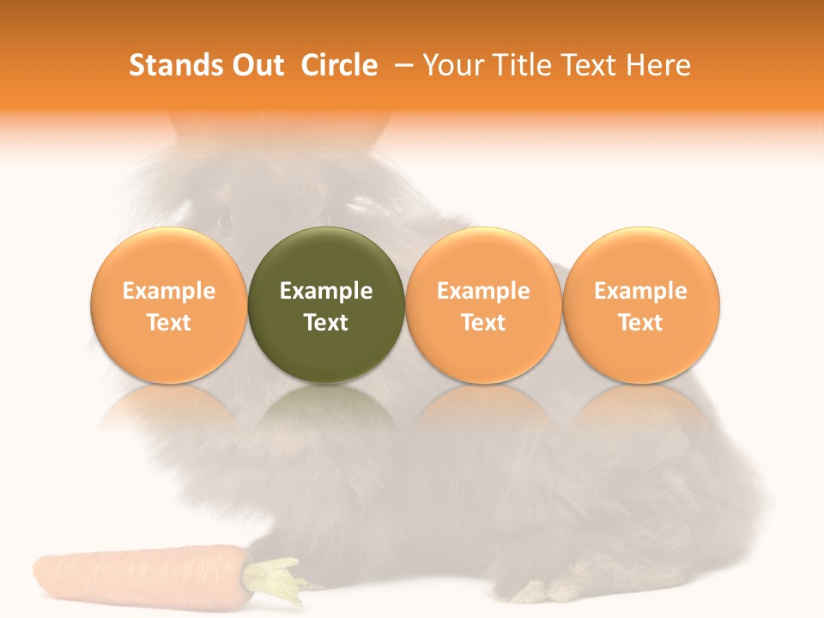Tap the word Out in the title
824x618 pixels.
(257, 65)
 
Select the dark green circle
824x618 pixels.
(326, 305)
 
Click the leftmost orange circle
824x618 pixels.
(169, 305)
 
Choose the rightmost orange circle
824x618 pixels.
(640, 305)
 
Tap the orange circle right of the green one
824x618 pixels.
(483, 305)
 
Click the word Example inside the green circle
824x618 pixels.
(326, 291)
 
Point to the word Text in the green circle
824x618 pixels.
(326, 323)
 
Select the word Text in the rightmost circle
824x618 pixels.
(640, 323)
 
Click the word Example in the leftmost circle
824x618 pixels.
(169, 291)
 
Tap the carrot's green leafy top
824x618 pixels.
(276, 577)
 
